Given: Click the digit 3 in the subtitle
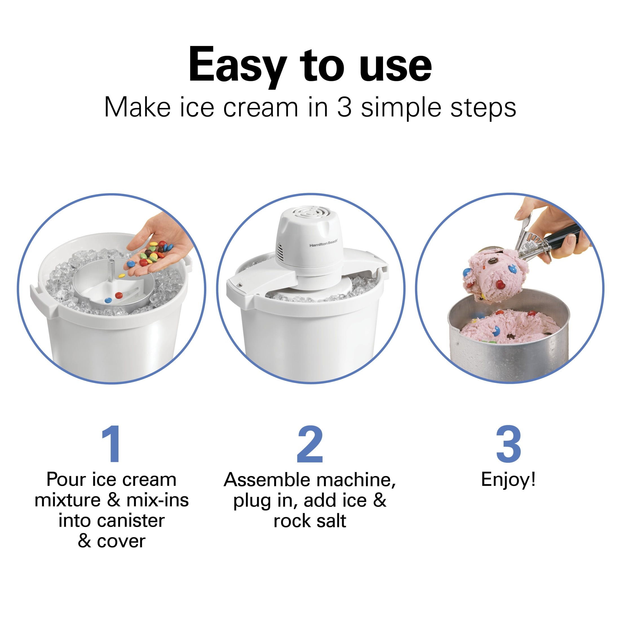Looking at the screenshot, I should point(344,107).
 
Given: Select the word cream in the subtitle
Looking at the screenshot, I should point(261,107).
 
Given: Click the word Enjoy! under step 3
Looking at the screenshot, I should point(508,480).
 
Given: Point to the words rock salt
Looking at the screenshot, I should point(310,521).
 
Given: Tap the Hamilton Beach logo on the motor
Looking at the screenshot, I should point(323,245).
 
